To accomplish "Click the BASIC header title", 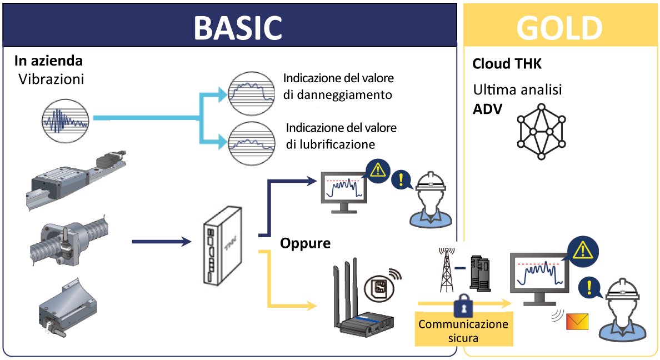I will click(237, 27).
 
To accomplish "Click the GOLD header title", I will click(559, 27).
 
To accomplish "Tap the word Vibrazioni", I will click(51, 79).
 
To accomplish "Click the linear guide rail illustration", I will click(75, 178).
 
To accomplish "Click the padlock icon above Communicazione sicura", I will click(463, 304).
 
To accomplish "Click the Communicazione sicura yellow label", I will click(464, 330).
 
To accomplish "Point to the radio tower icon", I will click(446, 271).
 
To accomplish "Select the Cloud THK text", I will click(507, 63).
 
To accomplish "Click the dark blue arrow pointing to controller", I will click(161, 241).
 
